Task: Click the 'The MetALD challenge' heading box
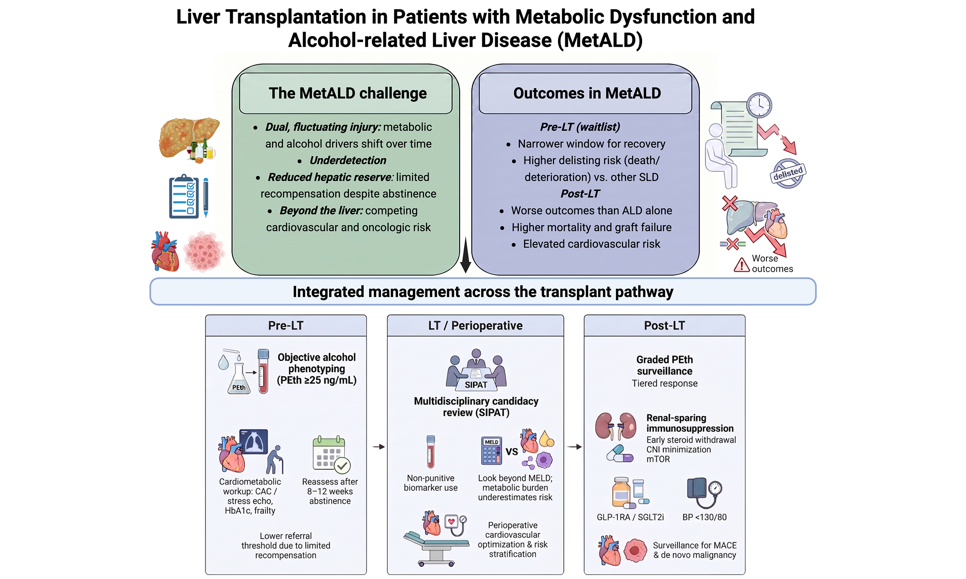(346, 93)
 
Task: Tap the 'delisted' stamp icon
(788, 173)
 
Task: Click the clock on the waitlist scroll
(759, 105)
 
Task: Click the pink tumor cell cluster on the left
(203, 252)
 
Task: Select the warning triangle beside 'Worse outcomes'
(741, 265)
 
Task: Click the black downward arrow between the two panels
(465, 255)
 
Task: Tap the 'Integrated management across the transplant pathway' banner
(483, 291)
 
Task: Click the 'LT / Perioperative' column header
(475, 325)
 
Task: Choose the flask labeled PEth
(238, 378)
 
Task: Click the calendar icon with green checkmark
(331, 455)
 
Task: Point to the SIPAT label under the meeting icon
(475, 385)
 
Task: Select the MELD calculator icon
(491, 450)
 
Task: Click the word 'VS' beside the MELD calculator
(512, 452)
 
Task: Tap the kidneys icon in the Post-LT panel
(615, 426)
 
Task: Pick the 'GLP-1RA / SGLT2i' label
(630, 517)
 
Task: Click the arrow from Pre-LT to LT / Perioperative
(378, 447)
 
